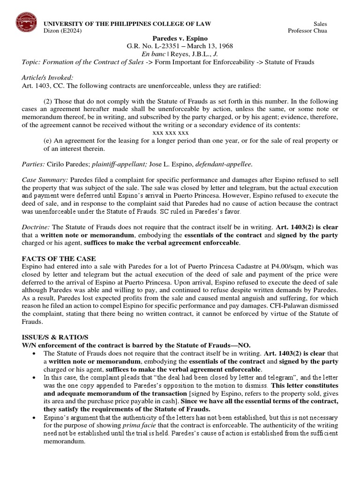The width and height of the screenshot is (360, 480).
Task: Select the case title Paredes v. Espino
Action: coord(180,38)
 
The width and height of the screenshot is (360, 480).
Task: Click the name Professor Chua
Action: coord(307,31)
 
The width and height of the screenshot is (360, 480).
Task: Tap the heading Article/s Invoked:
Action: coord(48,78)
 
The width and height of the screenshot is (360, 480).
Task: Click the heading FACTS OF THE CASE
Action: coord(59,259)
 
